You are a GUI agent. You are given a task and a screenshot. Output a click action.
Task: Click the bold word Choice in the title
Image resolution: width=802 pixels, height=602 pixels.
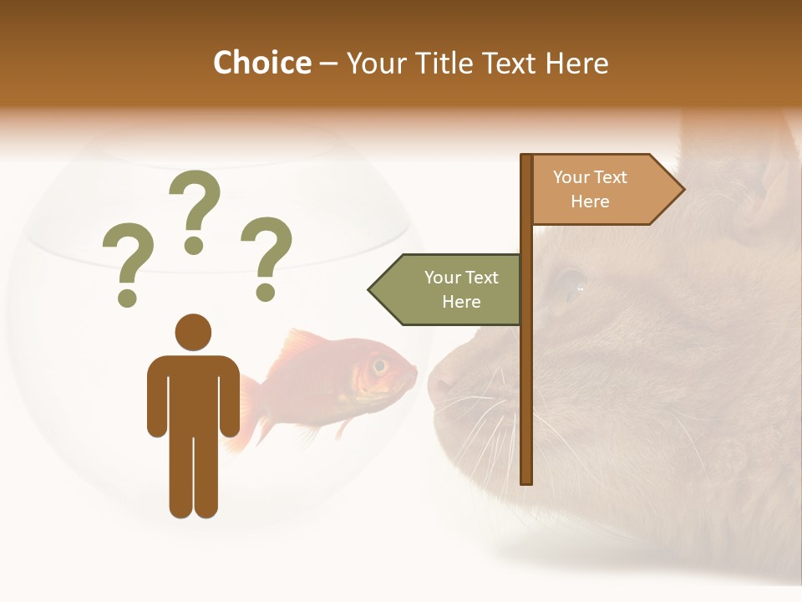pyautogui.click(x=261, y=64)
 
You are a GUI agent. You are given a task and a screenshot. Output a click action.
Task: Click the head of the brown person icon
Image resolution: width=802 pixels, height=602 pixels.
pyautogui.click(x=193, y=332)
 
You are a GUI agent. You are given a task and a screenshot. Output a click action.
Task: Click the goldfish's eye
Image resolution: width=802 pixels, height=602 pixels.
pyautogui.click(x=380, y=365)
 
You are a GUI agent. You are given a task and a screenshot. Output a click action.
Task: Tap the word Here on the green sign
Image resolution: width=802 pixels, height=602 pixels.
pyautogui.click(x=461, y=302)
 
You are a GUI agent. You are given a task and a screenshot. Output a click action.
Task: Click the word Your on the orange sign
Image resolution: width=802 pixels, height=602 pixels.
pyautogui.click(x=572, y=177)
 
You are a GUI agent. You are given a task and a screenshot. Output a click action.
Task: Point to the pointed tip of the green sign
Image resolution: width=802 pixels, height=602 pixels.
pyautogui.click(x=371, y=290)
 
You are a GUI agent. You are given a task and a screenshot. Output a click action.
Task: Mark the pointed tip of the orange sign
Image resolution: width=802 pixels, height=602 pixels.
pyautogui.click(x=683, y=190)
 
